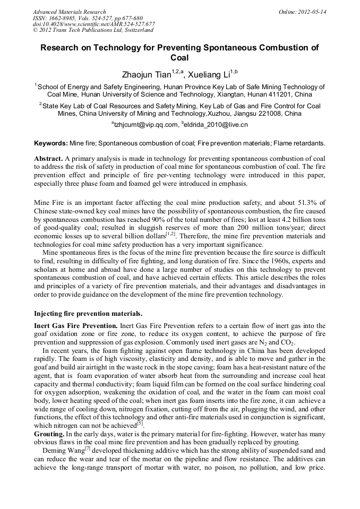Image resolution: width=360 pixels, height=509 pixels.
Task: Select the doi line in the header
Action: (93, 24)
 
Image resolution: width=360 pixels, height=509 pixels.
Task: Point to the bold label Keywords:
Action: (51, 144)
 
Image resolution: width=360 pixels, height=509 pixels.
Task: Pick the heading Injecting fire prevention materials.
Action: (88, 314)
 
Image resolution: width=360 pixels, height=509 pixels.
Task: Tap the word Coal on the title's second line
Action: (179, 58)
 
